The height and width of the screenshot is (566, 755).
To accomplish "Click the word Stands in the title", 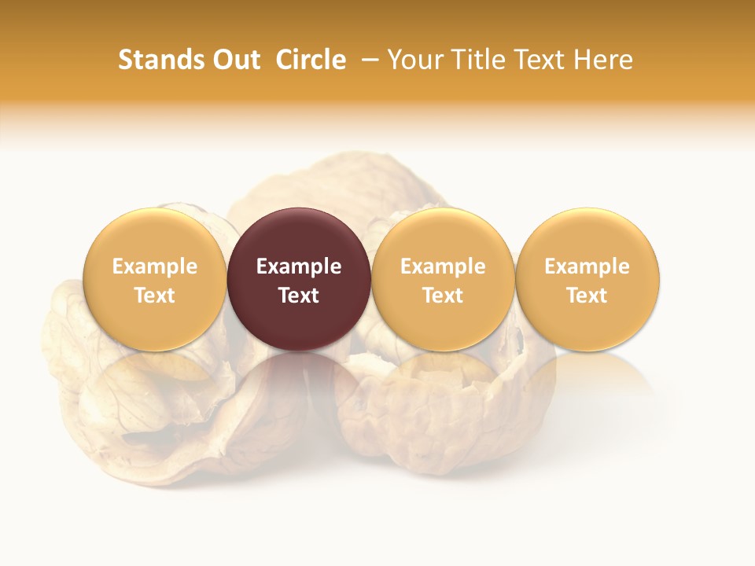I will (x=158, y=60).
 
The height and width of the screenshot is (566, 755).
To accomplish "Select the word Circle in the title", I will (x=311, y=60).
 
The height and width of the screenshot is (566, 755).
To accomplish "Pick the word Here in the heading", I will (x=603, y=60).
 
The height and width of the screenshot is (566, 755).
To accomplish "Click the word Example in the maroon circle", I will (x=299, y=267).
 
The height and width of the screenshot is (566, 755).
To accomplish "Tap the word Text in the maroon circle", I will (x=299, y=296).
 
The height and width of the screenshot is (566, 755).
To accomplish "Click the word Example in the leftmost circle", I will (x=155, y=267).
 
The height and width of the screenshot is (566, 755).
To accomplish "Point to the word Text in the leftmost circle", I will (x=155, y=296).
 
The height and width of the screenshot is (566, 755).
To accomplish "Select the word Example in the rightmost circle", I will (x=587, y=267).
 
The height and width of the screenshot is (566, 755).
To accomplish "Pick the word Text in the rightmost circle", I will (x=587, y=296).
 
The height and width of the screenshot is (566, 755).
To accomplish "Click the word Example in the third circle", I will (x=443, y=267).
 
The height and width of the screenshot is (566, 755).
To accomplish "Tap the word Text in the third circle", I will (x=443, y=296).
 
